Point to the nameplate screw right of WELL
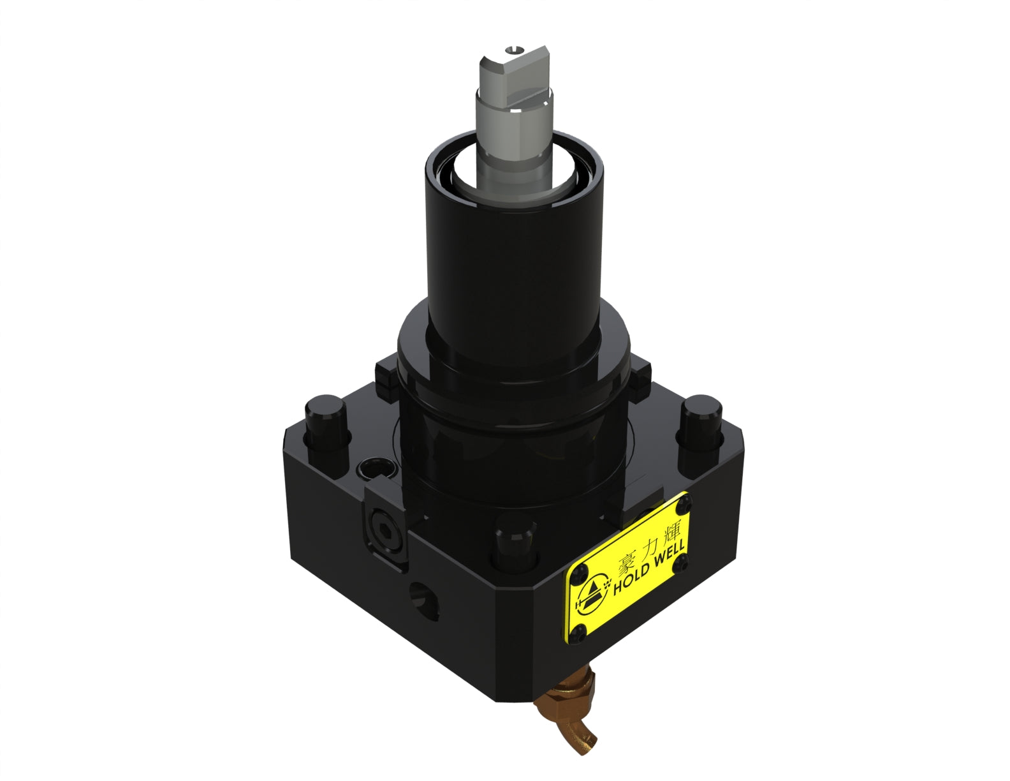(684, 562)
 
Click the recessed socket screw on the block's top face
(376, 470)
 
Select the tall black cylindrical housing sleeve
(513, 255)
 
